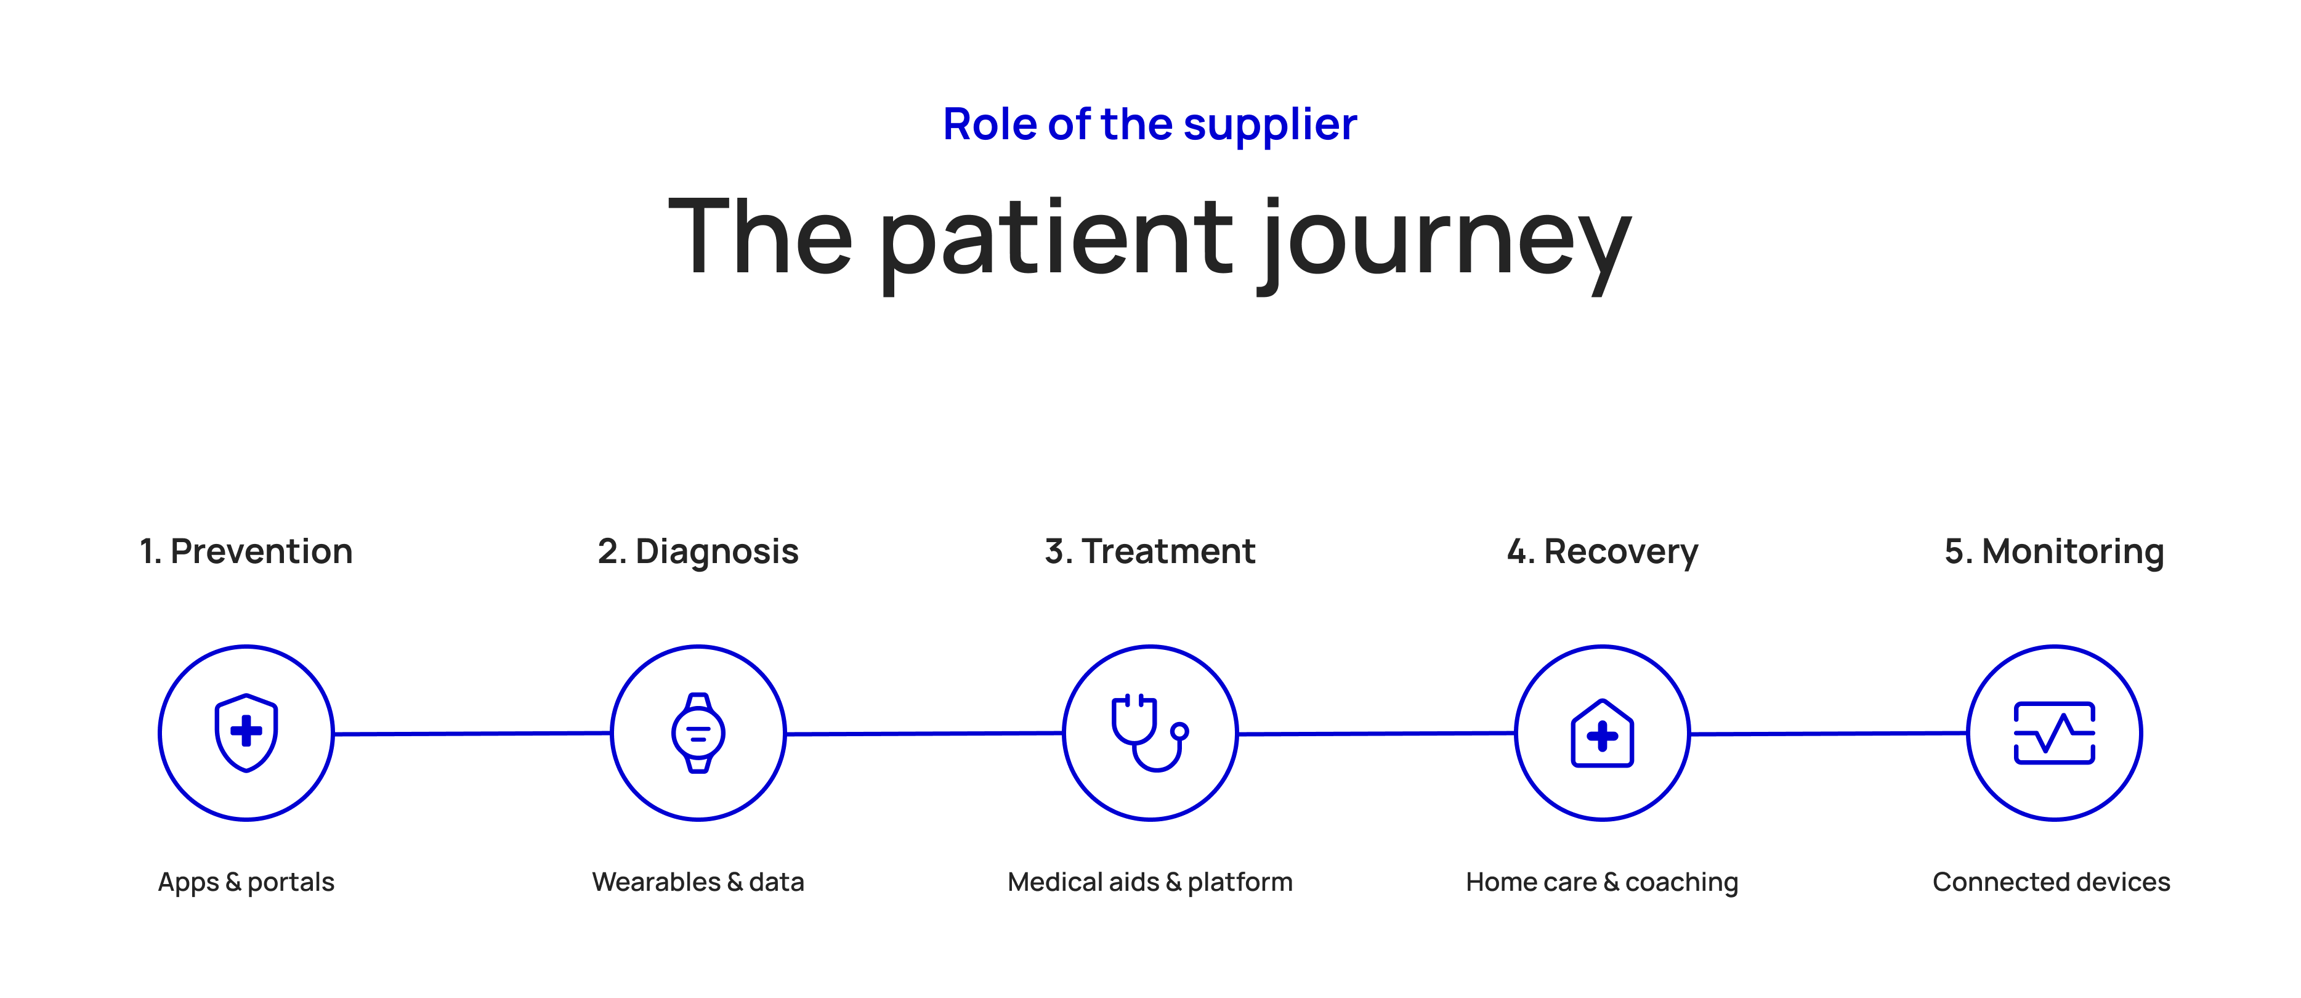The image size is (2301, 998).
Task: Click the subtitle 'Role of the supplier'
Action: pyautogui.click(x=1150, y=125)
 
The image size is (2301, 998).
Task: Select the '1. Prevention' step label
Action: pyautogui.click(x=246, y=551)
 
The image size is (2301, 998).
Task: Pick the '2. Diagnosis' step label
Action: pyautogui.click(x=698, y=552)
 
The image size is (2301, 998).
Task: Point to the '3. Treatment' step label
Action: pyautogui.click(x=1150, y=551)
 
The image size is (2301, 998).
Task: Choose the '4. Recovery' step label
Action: pyautogui.click(x=1603, y=552)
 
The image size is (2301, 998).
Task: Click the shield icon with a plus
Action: pyautogui.click(x=246, y=732)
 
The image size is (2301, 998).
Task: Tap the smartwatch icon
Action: pyautogui.click(x=698, y=732)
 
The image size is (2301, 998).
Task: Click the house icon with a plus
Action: pyautogui.click(x=1603, y=732)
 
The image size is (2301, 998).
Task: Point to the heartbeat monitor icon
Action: pyautogui.click(x=2055, y=732)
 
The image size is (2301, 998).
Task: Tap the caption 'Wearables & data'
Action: pyautogui.click(x=698, y=882)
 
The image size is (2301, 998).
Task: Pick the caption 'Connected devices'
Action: pyautogui.click(x=2052, y=882)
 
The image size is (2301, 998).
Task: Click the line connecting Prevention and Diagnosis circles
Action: pyautogui.click(x=472, y=734)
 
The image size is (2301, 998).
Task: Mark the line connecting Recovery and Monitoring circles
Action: pyautogui.click(x=1829, y=734)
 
